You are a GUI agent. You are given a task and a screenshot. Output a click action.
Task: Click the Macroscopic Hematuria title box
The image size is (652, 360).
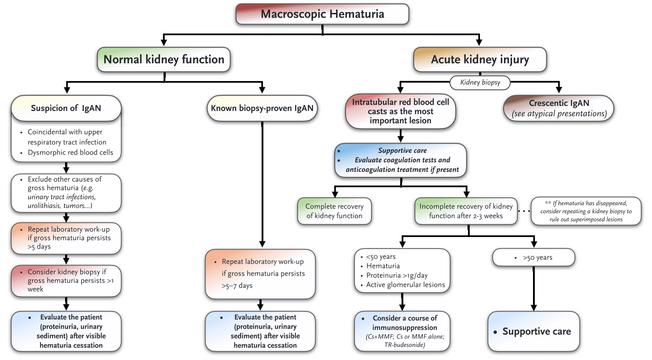click(322, 14)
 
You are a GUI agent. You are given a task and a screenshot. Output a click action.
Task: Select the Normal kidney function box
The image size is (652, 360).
click(164, 60)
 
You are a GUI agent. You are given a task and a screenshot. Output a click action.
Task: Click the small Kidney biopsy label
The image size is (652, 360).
click(480, 82)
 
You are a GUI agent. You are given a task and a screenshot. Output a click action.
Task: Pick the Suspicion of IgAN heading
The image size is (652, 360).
click(66, 108)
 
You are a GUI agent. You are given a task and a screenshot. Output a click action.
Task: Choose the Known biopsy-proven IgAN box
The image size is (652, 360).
click(262, 108)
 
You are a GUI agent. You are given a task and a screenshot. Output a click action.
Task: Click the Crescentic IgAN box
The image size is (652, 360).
click(558, 108)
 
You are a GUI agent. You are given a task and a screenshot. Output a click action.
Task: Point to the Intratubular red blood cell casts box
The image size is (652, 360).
click(401, 111)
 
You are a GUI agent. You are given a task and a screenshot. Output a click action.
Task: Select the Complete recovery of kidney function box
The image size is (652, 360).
click(334, 211)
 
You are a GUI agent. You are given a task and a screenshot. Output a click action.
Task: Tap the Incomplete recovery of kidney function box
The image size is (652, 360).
click(466, 211)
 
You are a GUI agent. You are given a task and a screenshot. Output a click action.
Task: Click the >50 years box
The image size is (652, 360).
click(533, 258)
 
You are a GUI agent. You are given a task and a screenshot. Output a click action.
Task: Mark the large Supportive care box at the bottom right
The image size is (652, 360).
click(533, 331)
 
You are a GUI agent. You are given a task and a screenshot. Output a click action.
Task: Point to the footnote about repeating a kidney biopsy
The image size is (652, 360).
click(586, 211)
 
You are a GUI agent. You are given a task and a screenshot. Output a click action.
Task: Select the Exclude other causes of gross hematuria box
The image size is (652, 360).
click(66, 192)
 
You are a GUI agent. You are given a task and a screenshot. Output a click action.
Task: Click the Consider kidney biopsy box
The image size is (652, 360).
click(66, 280)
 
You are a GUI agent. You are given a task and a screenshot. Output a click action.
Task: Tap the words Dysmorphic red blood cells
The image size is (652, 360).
click(70, 152)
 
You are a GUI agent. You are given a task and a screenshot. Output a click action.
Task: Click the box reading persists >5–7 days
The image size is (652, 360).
click(260, 274)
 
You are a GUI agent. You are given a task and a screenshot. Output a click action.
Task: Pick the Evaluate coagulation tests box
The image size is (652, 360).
click(401, 160)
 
